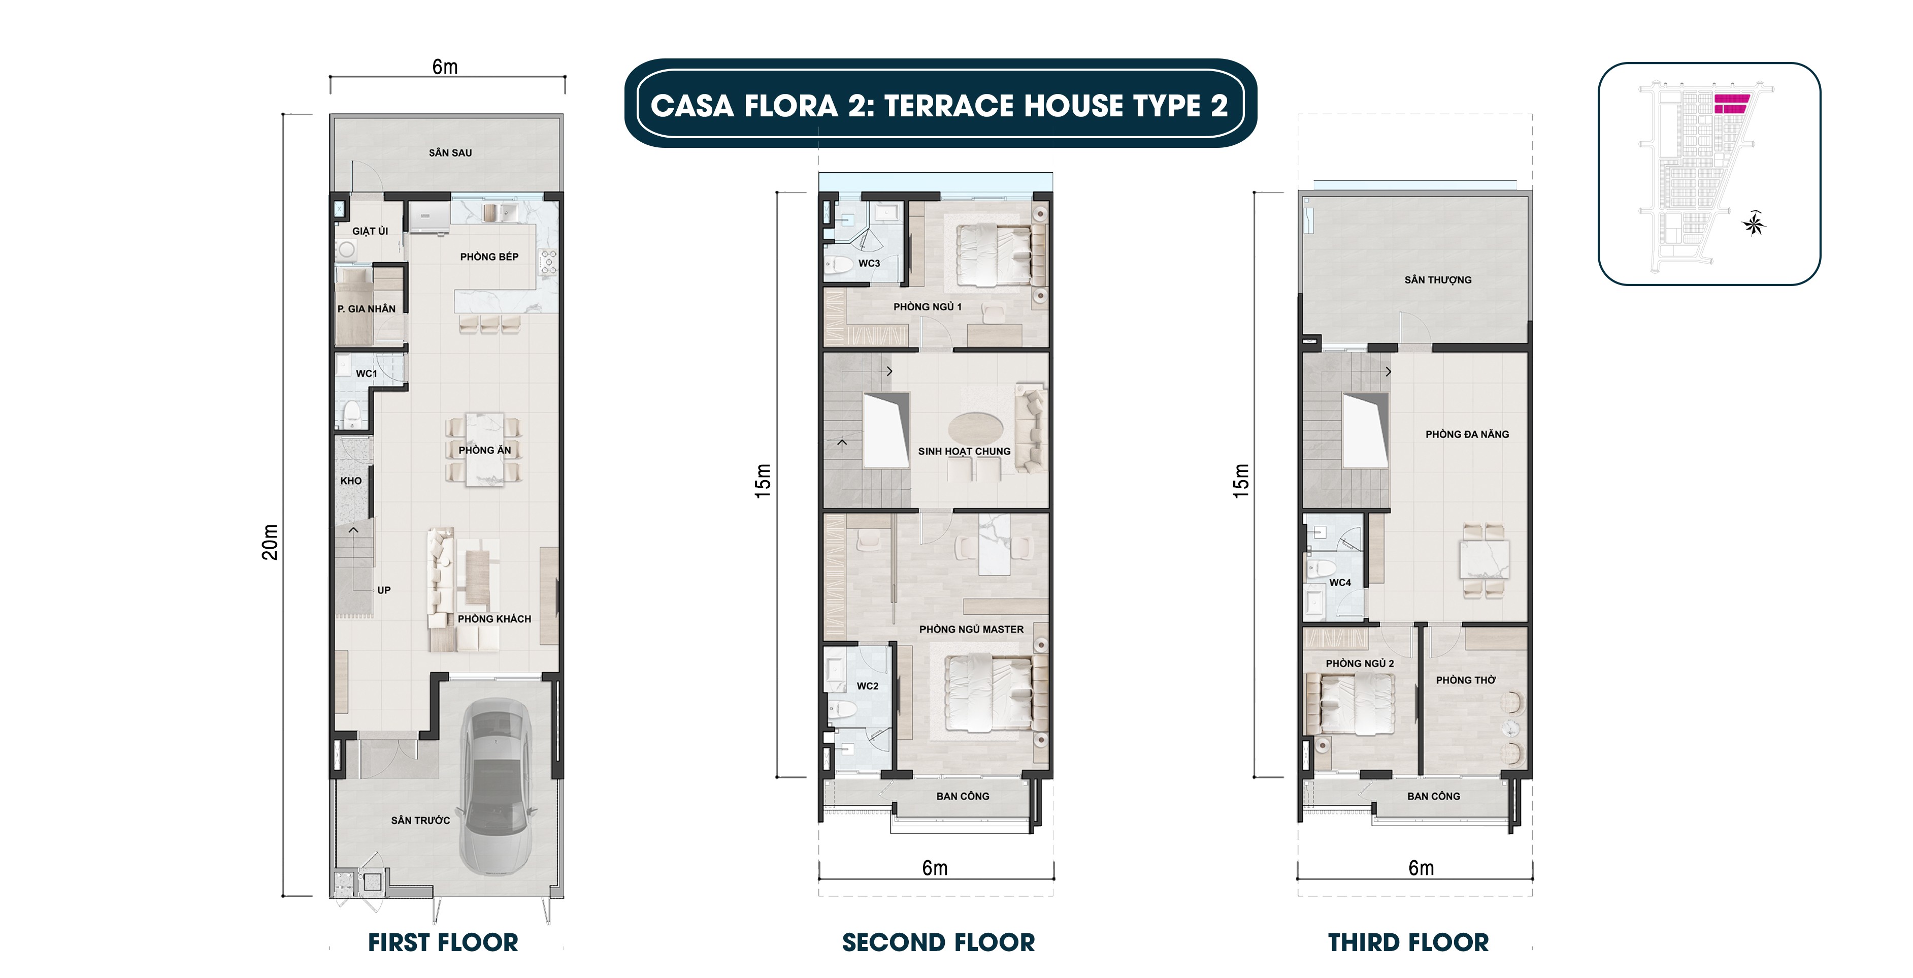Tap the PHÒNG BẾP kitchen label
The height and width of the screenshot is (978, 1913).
488,257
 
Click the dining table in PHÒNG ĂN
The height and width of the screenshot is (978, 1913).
484,450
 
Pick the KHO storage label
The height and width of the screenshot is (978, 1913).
350,481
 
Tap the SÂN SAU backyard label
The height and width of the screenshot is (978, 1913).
450,152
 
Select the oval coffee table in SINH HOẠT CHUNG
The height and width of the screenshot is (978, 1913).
976,429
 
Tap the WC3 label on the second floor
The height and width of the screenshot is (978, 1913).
869,263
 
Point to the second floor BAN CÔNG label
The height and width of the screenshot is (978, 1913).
963,796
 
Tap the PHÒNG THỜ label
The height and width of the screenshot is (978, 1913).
1465,680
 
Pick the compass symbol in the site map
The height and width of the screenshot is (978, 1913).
1754,223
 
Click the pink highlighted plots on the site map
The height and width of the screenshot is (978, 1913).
1730,103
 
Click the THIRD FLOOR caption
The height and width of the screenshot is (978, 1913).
1408,942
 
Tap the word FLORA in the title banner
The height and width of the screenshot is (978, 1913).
791,106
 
